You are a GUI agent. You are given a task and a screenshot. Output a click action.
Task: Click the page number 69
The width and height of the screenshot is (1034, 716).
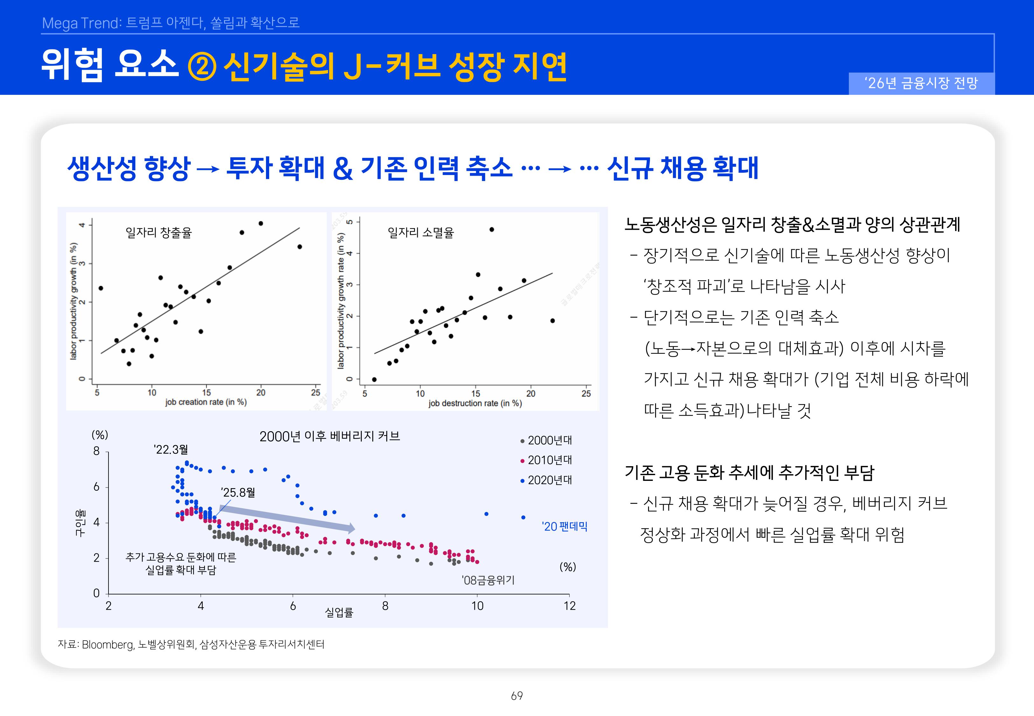(517, 696)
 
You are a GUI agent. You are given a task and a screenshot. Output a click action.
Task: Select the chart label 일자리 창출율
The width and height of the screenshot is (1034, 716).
(158, 232)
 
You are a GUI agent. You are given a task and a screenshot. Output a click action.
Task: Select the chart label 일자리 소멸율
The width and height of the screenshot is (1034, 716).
(421, 232)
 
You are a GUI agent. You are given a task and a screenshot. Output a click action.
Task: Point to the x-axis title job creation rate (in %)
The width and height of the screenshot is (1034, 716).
(206, 402)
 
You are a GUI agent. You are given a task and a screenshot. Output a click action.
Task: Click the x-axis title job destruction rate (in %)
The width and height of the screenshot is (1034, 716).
(475, 403)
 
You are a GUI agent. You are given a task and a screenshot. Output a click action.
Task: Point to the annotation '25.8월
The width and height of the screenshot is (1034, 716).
(238, 493)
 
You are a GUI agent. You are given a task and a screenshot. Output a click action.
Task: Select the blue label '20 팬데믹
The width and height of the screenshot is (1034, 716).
(564, 526)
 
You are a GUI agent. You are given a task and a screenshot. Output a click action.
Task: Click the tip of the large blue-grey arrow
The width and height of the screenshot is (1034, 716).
(354, 529)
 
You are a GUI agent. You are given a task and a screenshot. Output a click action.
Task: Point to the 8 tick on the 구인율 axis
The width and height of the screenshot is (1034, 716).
(96, 451)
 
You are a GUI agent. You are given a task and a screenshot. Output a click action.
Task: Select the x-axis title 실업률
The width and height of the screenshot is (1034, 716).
(339, 612)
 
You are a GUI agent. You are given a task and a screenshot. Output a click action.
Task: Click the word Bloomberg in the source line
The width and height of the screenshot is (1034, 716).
(108, 645)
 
